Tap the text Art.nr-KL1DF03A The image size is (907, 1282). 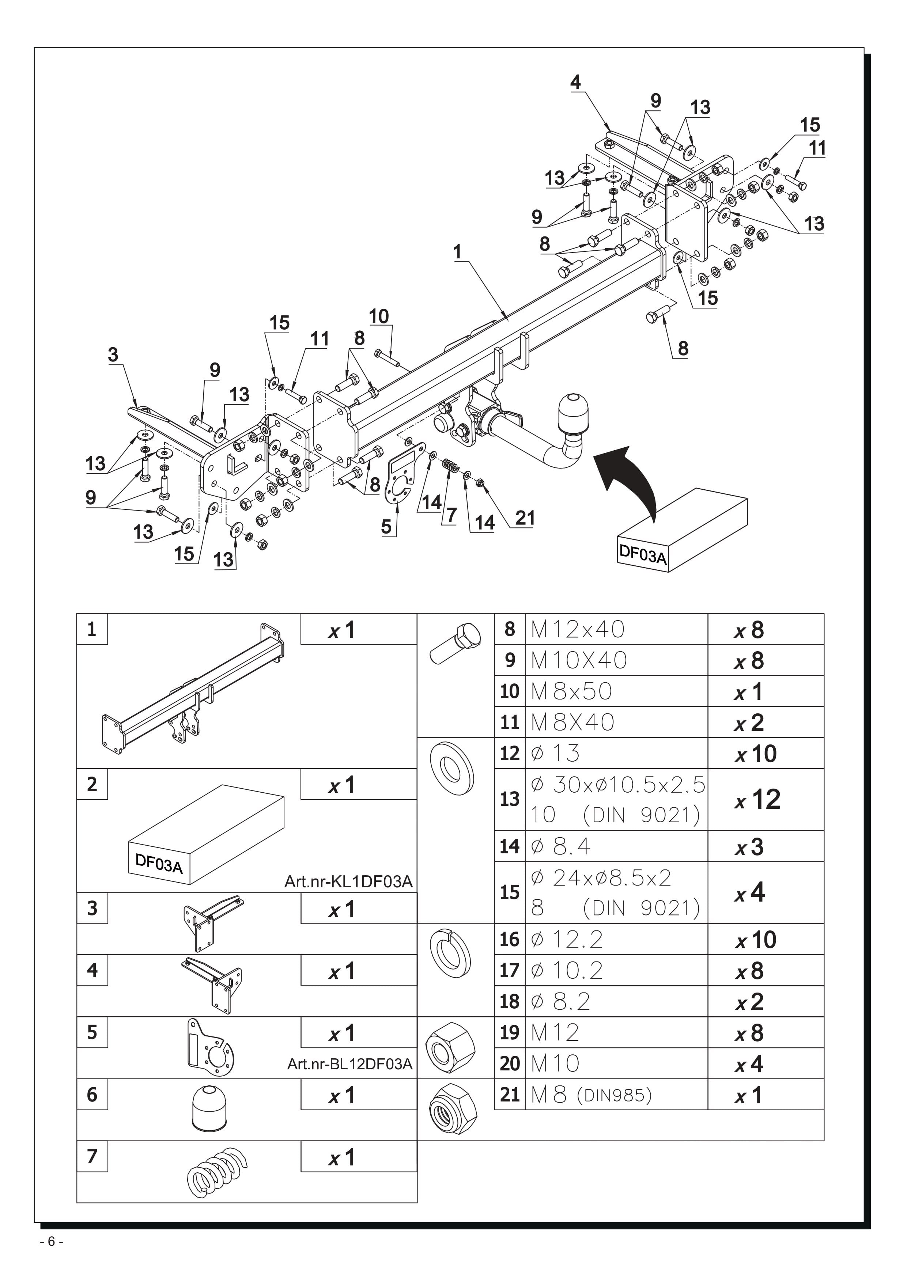click(x=348, y=882)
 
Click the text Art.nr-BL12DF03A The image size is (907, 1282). click(x=349, y=1064)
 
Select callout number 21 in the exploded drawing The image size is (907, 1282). click(x=525, y=518)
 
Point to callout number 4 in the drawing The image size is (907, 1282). click(x=575, y=82)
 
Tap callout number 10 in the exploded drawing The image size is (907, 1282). click(x=379, y=316)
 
